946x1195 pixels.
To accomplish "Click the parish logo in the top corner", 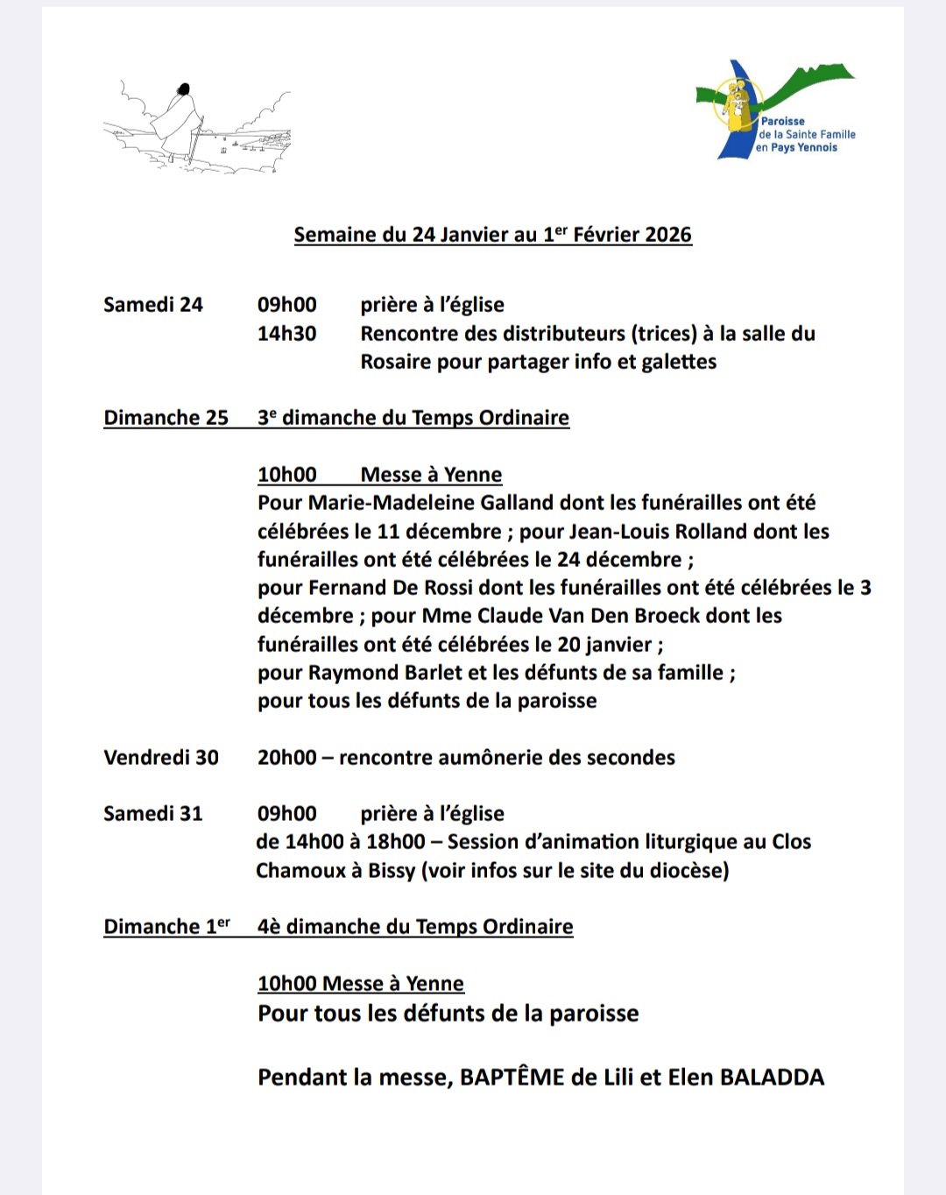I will click(775, 110).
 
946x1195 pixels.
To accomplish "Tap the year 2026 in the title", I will click(667, 235).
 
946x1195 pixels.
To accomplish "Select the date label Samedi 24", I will click(152, 305).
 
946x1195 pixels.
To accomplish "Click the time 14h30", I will click(286, 334).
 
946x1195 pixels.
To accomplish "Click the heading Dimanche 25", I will click(166, 418).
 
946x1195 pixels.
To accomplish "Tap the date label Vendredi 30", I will click(161, 758).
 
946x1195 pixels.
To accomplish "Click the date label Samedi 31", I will click(152, 814).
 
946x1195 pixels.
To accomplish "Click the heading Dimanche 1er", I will click(166, 927).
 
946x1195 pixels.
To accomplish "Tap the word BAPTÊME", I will click(512, 1078).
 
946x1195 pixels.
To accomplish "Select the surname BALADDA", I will click(772, 1078).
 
